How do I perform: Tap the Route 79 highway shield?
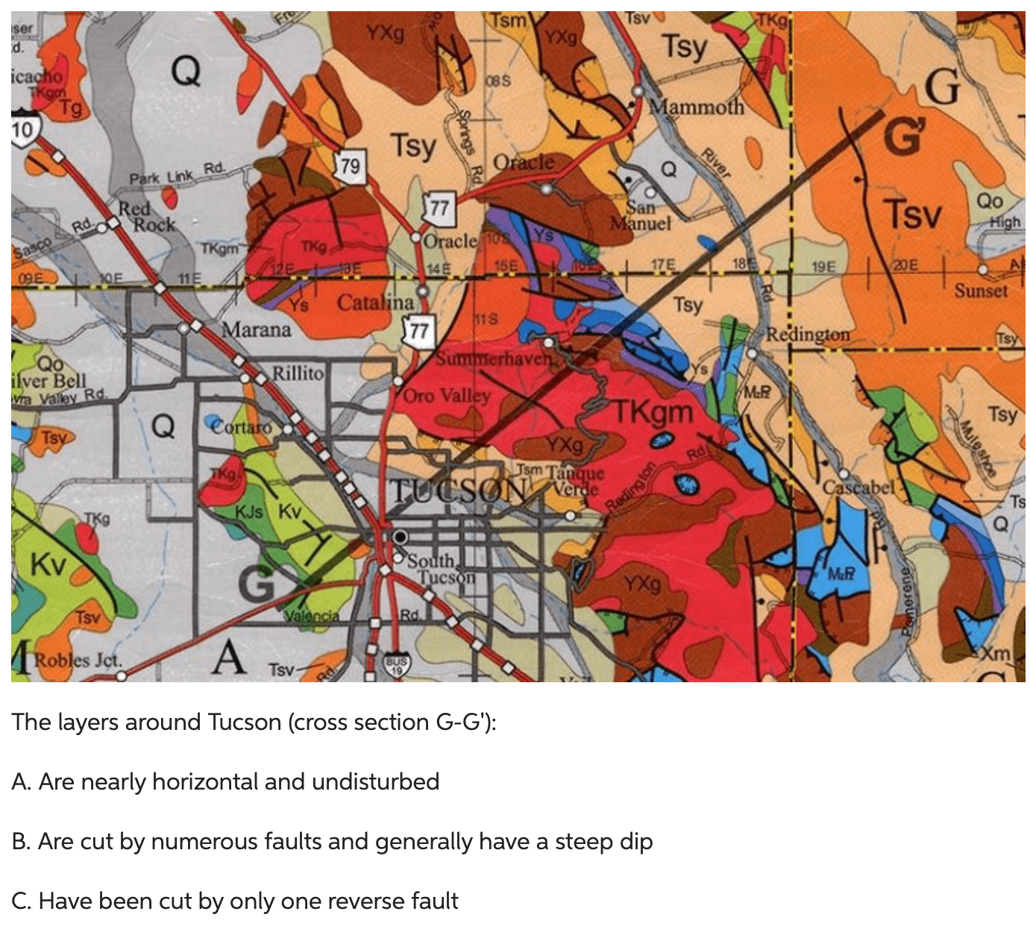coord(350,166)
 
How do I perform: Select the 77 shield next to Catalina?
coord(418,330)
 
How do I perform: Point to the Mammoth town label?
coord(697,107)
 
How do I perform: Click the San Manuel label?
coord(641,215)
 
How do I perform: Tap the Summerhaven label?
coord(494,359)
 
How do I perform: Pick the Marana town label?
coord(257,329)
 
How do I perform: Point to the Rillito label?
coord(298,373)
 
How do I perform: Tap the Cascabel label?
coord(858,488)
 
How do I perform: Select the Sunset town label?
coord(981,290)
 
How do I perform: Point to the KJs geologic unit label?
coord(249,511)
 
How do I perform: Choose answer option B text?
coord(333,841)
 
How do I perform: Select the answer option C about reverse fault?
coord(235,901)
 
